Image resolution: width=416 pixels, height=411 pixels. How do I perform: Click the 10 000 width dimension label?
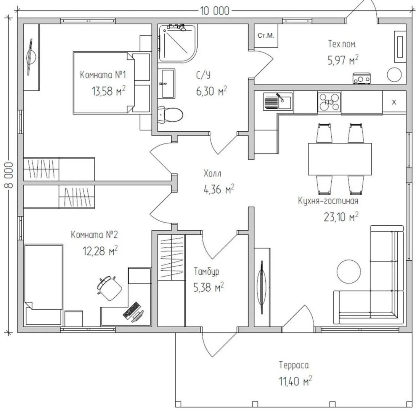click(x=215, y=11)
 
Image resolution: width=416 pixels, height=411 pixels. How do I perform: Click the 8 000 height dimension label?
click(x=8, y=175)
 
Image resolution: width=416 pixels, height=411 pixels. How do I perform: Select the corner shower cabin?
click(x=177, y=43)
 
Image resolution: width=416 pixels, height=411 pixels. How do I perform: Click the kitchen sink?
click(x=278, y=102)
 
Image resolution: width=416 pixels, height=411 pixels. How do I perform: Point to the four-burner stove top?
click(x=329, y=102)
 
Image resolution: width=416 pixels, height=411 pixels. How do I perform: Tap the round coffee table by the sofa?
click(x=349, y=271)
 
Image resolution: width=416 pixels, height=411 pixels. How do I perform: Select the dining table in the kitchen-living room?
click(x=340, y=159)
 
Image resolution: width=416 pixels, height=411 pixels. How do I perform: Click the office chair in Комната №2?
click(x=109, y=288)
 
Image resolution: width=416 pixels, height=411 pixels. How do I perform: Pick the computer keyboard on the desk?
click(x=131, y=309)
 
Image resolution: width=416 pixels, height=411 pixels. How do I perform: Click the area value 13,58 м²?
click(x=109, y=91)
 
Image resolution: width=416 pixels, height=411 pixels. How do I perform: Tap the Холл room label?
click(x=212, y=174)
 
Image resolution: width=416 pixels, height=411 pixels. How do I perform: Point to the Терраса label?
click(x=294, y=365)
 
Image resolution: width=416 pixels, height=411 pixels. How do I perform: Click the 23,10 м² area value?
click(x=341, y=217)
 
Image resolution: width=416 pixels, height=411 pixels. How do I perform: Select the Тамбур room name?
click(x=206, y=272)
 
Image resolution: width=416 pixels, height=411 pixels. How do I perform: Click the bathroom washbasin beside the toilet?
click(x=167, y=83)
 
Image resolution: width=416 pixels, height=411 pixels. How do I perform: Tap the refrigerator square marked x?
click(x=394, y=102)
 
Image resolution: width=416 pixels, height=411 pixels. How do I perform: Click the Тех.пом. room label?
click(x=342, y=44)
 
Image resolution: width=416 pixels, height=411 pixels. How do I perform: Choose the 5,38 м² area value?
click(x=208, y=288)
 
